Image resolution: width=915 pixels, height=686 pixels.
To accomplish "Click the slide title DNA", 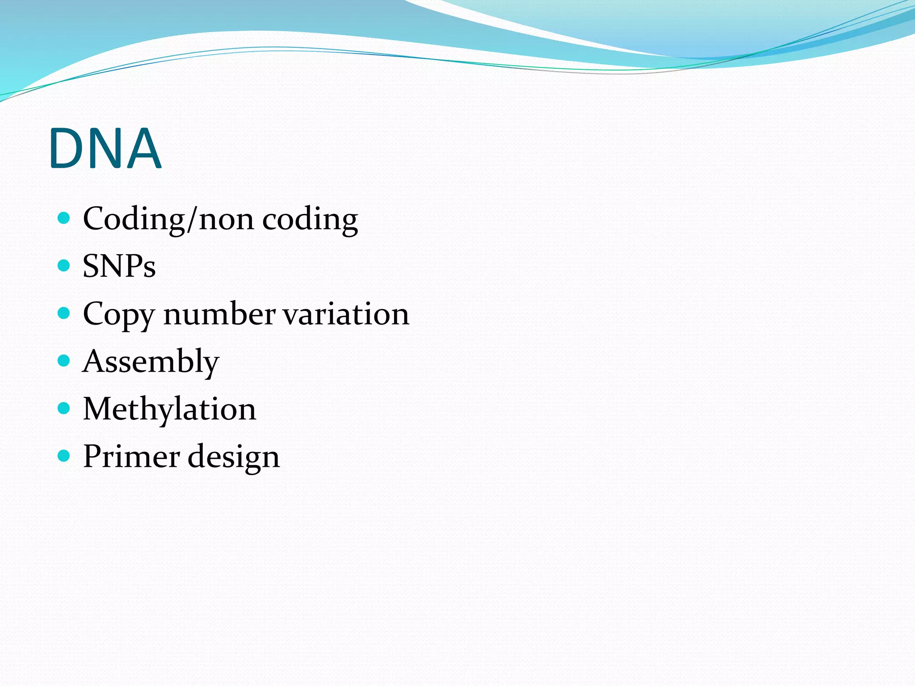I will click(x=105, y=148).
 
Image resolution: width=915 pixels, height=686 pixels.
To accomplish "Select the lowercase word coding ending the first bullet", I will click(x=310, y=219).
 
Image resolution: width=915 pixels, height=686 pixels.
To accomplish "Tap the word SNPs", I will click(x=119, y=266).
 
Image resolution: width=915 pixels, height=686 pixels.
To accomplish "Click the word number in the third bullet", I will click(x=219, y=314).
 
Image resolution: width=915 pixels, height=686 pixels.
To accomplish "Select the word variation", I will click(x=346, y=314).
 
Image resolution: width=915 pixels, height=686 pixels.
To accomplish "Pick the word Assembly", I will click(x=151, y=362).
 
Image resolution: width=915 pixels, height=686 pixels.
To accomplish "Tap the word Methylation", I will click(x=170, y=409).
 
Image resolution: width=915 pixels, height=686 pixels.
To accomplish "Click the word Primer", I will click(x=131, y=456).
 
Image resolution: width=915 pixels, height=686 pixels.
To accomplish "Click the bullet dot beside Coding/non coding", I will click(x=64, y=218).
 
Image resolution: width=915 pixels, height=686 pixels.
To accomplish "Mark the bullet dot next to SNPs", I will click(x=64, y=266).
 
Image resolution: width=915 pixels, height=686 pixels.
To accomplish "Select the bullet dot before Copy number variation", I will click(x=64, y=313).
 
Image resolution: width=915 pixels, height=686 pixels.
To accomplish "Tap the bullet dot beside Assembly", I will click(x=64, y=360).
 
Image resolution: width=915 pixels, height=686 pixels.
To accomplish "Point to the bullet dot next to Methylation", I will click(x=64, y=408).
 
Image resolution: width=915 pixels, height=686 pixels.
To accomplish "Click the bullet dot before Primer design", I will click(x=64, y=456).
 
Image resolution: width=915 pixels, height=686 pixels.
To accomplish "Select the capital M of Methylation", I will click(x=97, y=409).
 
